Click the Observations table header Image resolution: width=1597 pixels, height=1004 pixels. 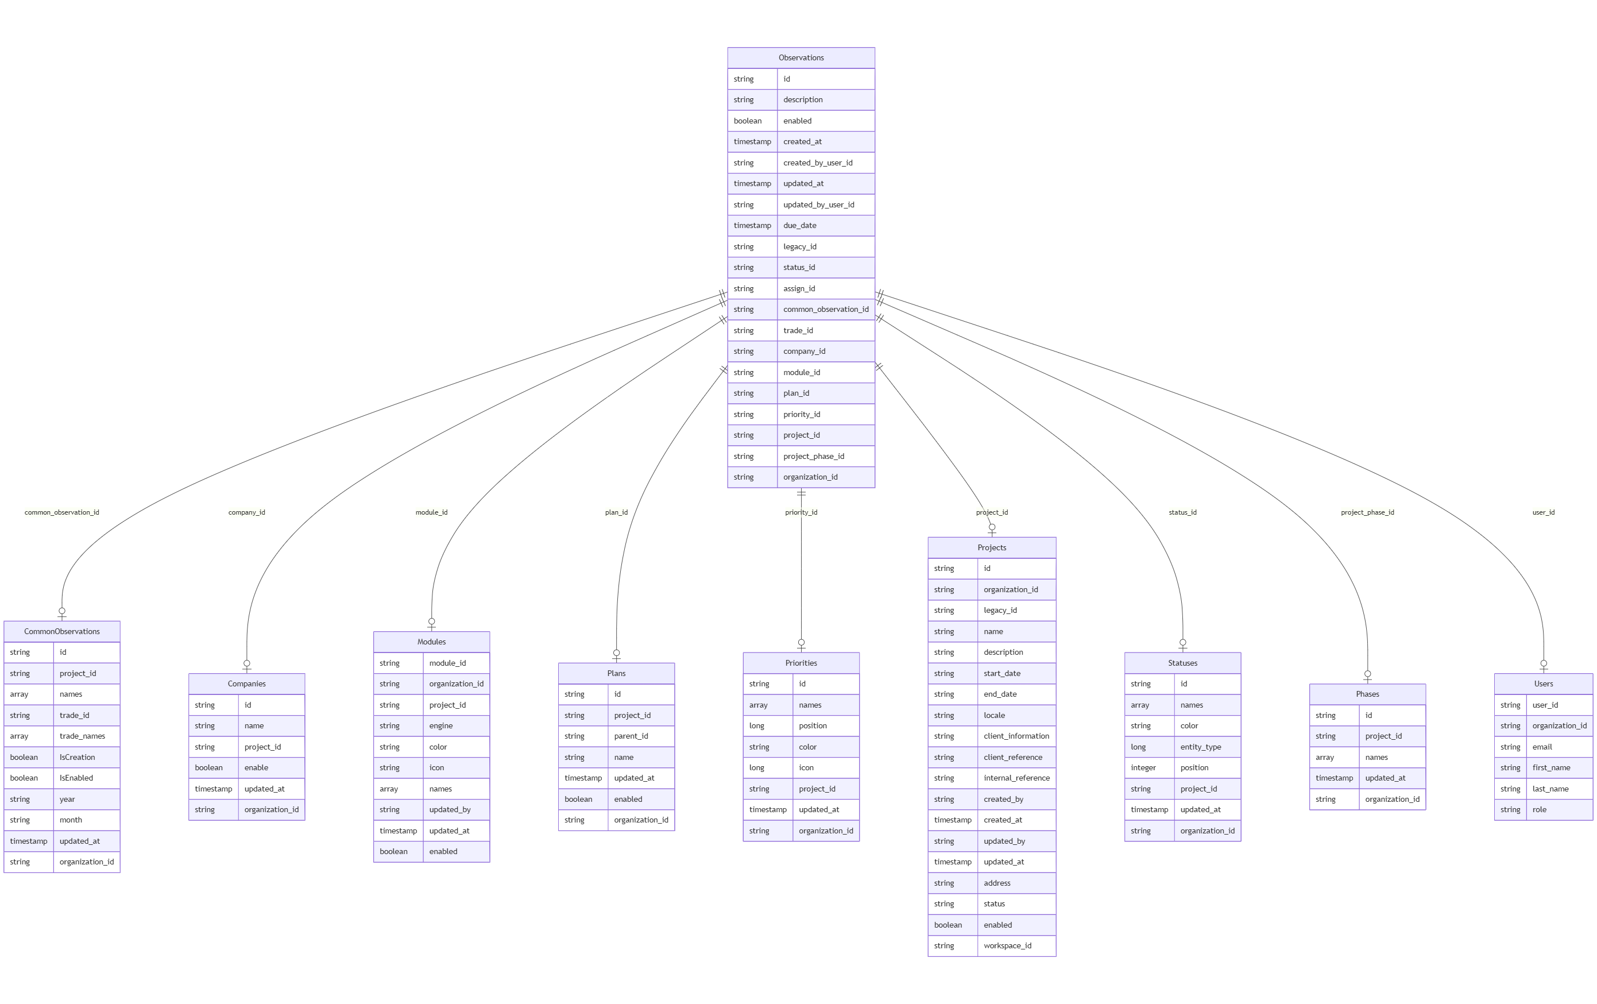coord(801,57)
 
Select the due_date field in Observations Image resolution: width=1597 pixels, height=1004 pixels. coord(800,226)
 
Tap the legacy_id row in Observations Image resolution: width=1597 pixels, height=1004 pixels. coord(800,246)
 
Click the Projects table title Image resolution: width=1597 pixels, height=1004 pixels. coord(992,548)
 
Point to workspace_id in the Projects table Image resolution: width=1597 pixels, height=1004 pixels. coord(1007,945)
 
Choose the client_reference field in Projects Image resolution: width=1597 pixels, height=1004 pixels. coord(1013,758)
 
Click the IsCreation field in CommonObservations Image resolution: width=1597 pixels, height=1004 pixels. coord(77,758)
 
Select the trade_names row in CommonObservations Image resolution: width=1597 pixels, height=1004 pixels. coord(82,736)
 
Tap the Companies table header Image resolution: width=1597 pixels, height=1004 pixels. coord(247,684)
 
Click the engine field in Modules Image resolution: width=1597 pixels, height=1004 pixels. coord(441,726)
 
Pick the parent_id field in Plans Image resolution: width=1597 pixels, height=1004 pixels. coord(631,736)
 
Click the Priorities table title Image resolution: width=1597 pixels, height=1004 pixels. coord(801,663)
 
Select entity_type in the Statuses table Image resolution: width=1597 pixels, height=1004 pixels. coord(1200,747)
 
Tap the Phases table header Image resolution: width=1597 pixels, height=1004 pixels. coord(1367,694)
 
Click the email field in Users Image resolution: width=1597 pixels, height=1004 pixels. coord(1542,747)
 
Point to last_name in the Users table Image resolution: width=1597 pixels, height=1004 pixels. coord(1550,789)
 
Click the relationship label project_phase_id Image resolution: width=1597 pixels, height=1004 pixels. coord(1367,512)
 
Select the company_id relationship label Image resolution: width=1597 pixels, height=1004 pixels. coord(247,512)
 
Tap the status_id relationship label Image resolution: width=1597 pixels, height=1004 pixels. coord(1182,512)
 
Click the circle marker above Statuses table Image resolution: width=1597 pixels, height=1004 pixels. coord(1182,642)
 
